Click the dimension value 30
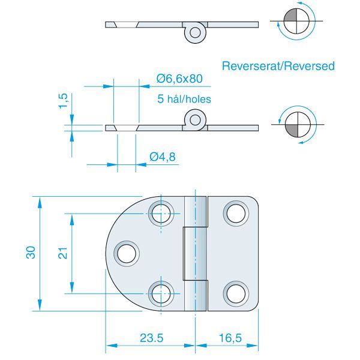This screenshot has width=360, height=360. pos(32,253)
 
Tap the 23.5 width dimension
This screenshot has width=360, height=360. pos(151,338)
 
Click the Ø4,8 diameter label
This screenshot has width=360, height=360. pos(162,157)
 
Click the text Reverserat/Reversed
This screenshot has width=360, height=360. pos(278,66)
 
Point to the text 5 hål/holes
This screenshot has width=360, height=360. pos(184,98)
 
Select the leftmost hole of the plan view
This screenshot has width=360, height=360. pos(127,253)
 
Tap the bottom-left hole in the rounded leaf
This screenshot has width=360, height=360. pos(160,293)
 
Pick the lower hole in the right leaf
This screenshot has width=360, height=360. pos(235,293)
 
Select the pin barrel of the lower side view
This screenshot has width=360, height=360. pos(194,119)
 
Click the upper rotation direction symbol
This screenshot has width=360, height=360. pos(296,22)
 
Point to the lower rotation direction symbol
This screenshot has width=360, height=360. pos(296,124)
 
